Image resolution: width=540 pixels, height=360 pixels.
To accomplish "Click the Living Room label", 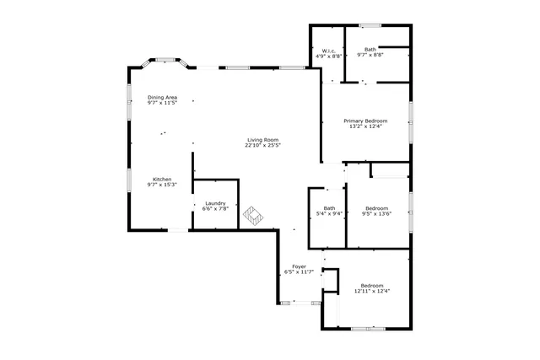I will coord(262,139).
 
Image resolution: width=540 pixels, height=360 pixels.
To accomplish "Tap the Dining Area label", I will coord(162,97).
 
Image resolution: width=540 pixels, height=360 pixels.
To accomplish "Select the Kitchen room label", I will coord(162,179).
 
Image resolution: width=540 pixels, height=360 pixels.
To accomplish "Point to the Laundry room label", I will coord(215,203).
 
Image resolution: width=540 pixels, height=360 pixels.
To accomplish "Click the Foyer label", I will coord(299,266).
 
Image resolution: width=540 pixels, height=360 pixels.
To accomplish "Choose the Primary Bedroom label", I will coord(364,121).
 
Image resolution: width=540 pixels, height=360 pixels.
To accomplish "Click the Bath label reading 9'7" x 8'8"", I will coord(370,50).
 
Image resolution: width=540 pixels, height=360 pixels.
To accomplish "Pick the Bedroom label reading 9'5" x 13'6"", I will coord(376,208).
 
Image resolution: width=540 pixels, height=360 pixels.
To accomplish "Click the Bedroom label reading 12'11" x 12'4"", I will coord(371,286).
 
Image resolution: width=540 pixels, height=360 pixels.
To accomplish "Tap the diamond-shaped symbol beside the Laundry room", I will coord(254,216).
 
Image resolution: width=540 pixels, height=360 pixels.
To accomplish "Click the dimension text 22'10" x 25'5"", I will coord(262,145).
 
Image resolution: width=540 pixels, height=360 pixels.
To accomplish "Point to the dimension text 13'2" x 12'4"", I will coord(364,126).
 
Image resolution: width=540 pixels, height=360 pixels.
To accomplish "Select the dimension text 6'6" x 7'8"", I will coord(215,208).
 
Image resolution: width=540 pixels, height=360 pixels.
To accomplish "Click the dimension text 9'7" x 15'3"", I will coord(162,185).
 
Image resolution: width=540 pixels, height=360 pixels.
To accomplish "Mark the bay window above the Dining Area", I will coord(164,62).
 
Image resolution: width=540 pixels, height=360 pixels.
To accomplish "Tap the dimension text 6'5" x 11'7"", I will coord(299,272).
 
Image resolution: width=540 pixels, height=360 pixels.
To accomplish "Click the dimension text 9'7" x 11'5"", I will coord(162,103).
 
